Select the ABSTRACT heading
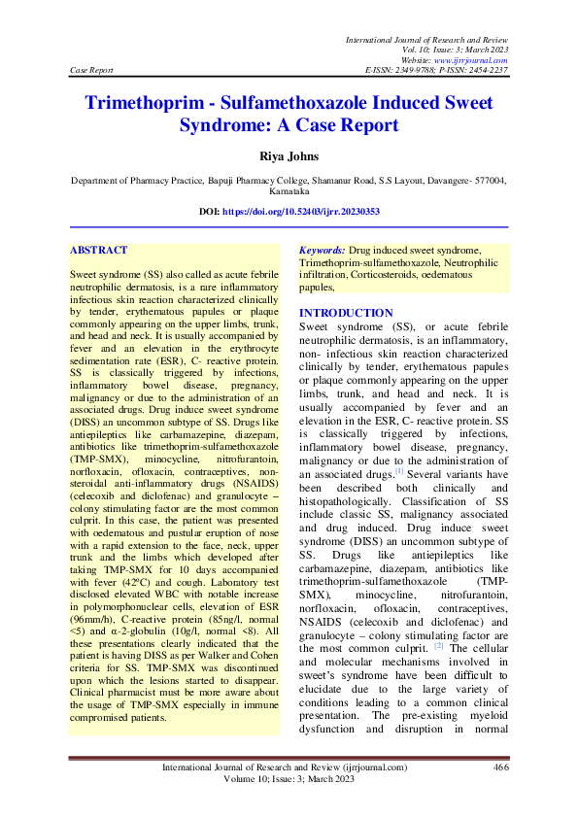(99, 250)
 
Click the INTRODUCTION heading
(346, 313)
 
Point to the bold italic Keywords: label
(322, 250)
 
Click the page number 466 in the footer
(500, 768)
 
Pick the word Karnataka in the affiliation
(289, 193)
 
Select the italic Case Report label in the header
(92, 70)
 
